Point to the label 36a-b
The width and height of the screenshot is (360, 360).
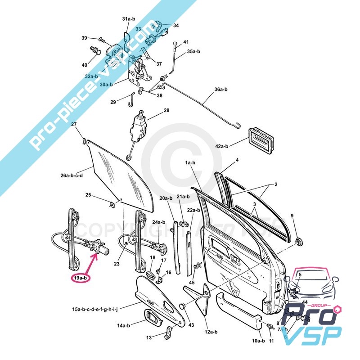click(x=222, y=90)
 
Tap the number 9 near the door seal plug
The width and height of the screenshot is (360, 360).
click(x=292, y=216)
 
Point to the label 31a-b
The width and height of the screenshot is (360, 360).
click(x=128, y=19)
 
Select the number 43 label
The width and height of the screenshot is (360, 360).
click(x=192, y=325)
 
